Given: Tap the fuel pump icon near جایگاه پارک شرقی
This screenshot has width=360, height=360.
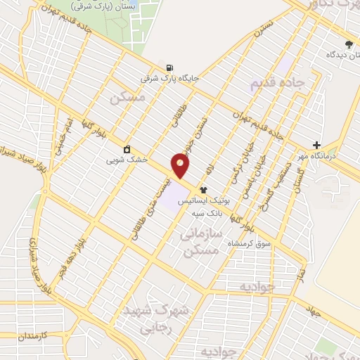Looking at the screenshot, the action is click(169, 68).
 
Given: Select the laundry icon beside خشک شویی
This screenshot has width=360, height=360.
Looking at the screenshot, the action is click(127, 149).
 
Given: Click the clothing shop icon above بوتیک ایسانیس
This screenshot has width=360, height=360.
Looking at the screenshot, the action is click(204, 189).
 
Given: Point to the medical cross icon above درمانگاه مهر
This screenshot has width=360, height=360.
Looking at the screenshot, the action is click(317, 145).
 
